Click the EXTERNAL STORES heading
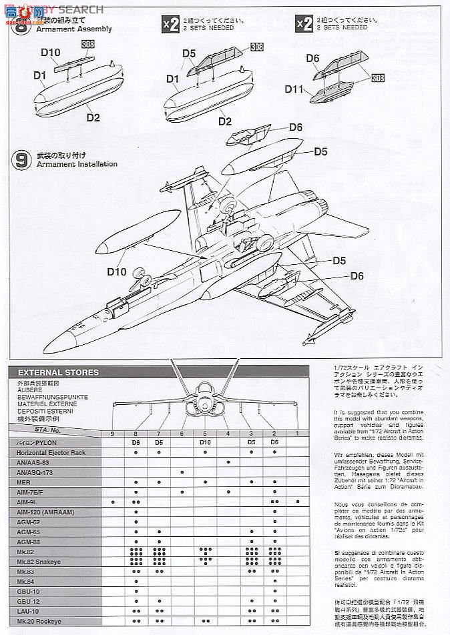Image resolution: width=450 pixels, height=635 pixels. pos(59,372)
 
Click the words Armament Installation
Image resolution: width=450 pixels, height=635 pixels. pos(77,164)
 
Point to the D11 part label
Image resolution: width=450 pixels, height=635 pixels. pos(294,88)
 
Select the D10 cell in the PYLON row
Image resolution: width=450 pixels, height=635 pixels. pos(205,442)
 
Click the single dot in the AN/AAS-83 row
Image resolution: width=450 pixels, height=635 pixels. pos(228,462)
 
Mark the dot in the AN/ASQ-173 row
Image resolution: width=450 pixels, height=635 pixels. pos(182,472)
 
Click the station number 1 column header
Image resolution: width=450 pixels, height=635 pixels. pos(297,433)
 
